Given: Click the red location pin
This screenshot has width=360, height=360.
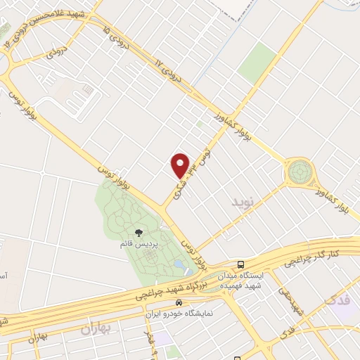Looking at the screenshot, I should click(x=181, y=165).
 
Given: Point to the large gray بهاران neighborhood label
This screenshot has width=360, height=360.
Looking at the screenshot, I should click(x=96, y=328).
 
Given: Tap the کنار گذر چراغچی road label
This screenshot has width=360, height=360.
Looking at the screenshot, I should click(x=311, y=260).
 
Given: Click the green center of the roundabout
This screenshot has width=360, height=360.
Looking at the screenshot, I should click(x=299, y=172).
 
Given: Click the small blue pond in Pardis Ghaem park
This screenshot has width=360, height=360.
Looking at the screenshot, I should click(x=182, y=266).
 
